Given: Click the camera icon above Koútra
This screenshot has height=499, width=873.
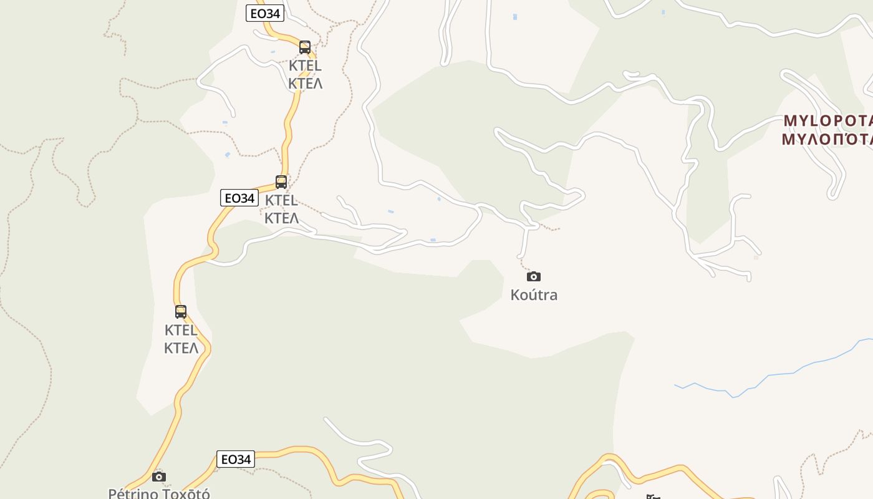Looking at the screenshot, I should (534, 276).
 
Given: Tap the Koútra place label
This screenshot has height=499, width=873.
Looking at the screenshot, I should (534, 295).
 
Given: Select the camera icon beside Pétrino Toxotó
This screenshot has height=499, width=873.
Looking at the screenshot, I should (159, 477).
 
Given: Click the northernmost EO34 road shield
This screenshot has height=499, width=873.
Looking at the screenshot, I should (265, 13).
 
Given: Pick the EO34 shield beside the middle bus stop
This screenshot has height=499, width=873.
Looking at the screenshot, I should (239, 198).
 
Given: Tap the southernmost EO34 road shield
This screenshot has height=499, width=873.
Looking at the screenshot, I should (236, 459).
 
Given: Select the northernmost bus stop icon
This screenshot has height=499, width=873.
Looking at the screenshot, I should (305, 47).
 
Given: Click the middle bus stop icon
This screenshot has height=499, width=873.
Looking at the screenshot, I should (281, 182).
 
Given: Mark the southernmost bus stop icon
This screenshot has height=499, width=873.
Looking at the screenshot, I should (181, 312).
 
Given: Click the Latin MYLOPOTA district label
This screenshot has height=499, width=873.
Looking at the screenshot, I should (827, 120).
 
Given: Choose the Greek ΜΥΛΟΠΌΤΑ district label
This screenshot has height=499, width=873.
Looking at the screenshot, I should (827, 138).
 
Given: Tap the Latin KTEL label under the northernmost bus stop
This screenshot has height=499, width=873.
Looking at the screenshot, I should (305, 65).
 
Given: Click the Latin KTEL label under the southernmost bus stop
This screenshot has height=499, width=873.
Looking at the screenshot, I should (181, 330).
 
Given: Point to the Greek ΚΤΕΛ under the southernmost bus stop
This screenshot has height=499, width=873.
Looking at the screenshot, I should (181, 347).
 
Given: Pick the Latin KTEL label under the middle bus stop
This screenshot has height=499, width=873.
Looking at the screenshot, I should (281, 200).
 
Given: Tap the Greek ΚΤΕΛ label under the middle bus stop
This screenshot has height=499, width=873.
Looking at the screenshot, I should (281, 218).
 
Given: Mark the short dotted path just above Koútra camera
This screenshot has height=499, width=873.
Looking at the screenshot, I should (522, 262).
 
